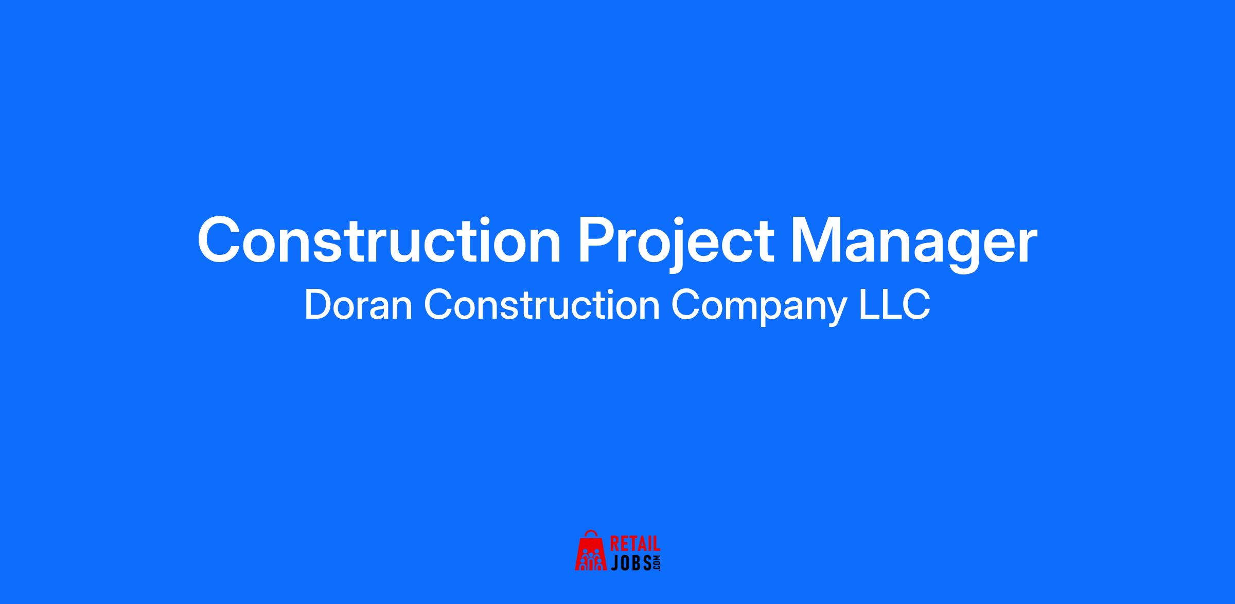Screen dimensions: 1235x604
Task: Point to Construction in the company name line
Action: click(542, 305)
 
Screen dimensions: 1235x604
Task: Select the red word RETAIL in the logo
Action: click(635, 545)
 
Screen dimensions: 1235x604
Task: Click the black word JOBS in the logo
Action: click(631, 563)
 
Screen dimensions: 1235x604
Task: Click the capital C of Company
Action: click(685, 305)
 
